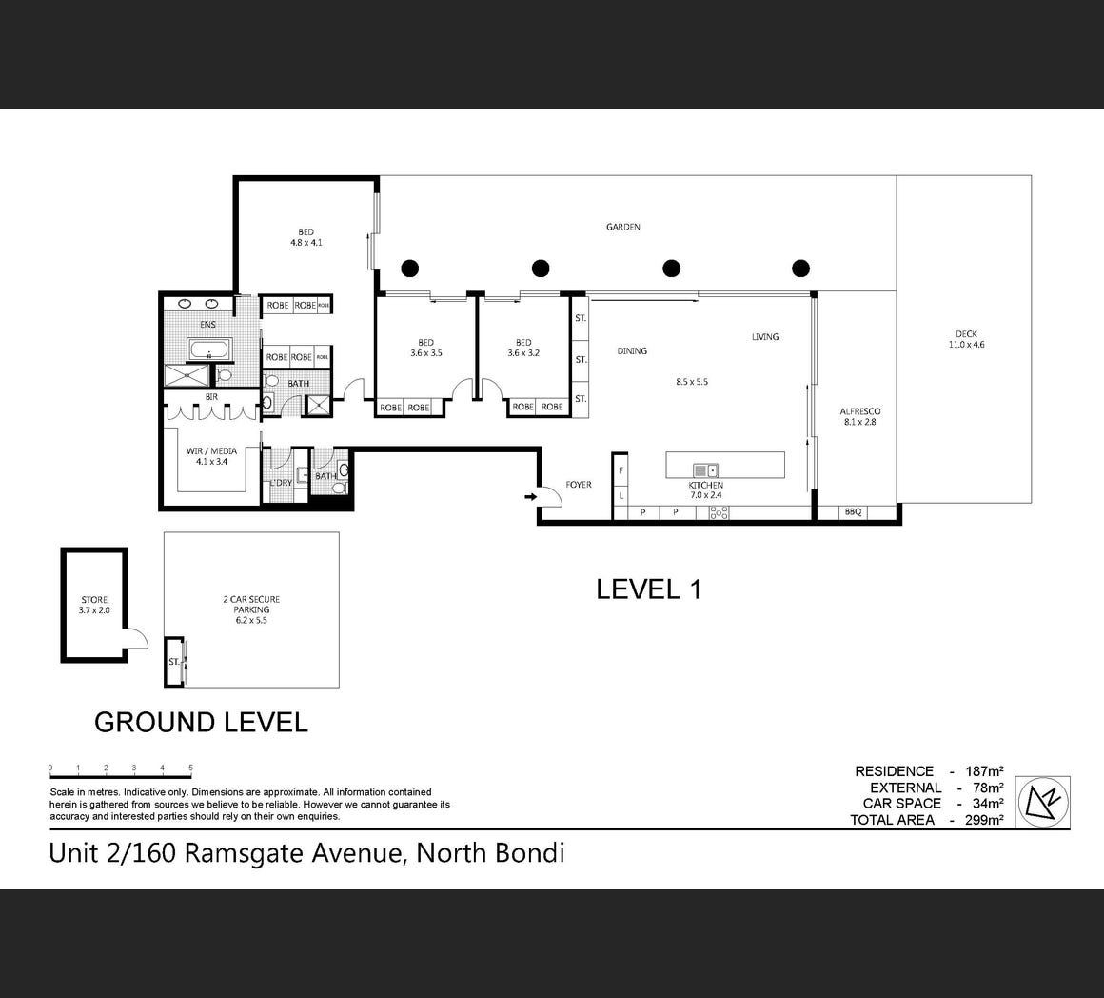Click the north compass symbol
click(x=1043, y=802)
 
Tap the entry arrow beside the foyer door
click(x=530, y=497)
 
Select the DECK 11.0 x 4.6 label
click(x=966, y=339)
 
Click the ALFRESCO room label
click(x=859, y=411)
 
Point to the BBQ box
click(x=853, y=512)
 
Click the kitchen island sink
click(x=705, y=470)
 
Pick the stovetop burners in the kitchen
click(x=719, y=513)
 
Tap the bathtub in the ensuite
click(x=209, y=349)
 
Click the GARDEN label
click(x=623, y=227)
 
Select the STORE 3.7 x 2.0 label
click(x=94, y=605)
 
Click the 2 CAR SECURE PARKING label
click(x=251, y=609)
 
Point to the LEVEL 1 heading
click(x=648, y=589)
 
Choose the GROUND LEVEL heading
click(x=201, y=723)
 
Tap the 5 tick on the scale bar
click(x=190, y=768)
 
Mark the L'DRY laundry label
click(x=281, y=483)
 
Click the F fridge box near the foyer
click(x=621, y=470)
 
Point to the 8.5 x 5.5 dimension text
click(x=691, y=382)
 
